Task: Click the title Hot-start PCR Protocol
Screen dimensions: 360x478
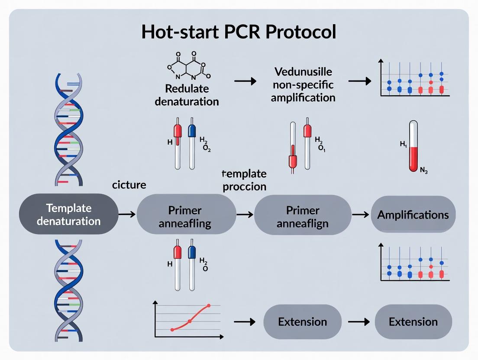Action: [x=239, y=32]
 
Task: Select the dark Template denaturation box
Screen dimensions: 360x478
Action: [x=68, y=214]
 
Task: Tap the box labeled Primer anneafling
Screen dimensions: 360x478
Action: [x=185, y=216]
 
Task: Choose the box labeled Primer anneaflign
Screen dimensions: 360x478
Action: [x=303, y=216]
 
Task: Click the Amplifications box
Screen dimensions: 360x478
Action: [x=413, y=215]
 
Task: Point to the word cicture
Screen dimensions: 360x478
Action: [x=129, y=185]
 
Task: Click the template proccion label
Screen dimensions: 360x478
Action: [x=244, y=180]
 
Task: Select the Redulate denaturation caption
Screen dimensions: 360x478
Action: [x=187, y=95]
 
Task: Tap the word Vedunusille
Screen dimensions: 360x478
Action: [x=303, y=71]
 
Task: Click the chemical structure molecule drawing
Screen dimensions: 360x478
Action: [x=187, y=69]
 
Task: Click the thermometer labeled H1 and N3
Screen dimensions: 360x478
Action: [x=413, y=147]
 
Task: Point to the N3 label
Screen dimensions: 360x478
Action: [x=424, y=170]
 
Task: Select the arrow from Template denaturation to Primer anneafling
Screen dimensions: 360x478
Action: [x=127, y=214]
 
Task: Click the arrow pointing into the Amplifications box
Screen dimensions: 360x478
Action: [x=359, y=214]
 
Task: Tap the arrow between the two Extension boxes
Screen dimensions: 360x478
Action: [x=358, y=322]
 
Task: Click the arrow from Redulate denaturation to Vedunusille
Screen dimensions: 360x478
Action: [x=245, y=81]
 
